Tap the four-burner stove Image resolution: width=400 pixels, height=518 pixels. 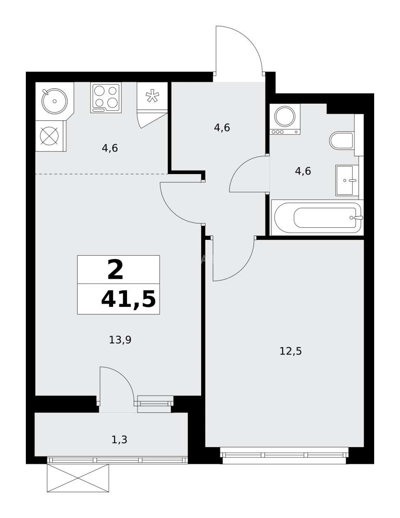106,97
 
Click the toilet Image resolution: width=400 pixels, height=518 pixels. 342,141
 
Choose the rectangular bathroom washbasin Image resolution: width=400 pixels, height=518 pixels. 347,180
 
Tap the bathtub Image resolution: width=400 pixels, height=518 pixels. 317,218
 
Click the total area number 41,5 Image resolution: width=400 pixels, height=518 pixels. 128,299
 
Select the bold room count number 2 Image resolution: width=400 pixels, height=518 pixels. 115,270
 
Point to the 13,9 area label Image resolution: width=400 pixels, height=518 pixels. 120,340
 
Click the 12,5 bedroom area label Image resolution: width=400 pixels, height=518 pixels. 290,351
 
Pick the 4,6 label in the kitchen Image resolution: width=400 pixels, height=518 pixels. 110,148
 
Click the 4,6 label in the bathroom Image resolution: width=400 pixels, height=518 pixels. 303,171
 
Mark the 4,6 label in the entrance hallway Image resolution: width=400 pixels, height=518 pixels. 222,128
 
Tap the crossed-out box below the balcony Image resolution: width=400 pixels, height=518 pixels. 78,478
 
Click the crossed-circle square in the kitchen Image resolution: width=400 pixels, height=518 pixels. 49,136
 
